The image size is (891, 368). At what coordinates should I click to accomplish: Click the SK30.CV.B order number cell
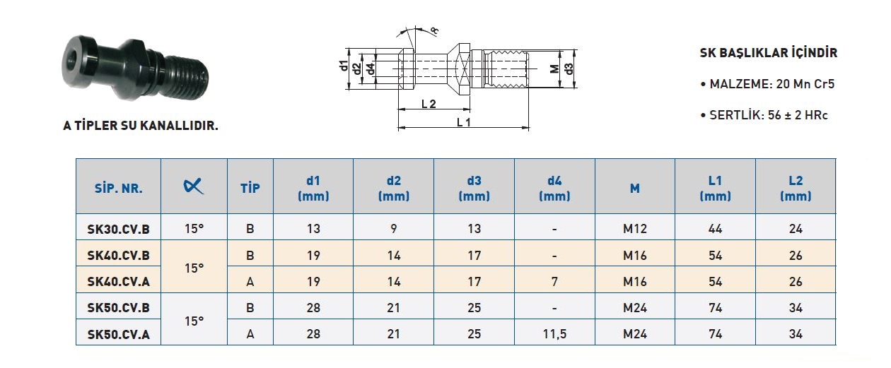click(x=118, y=229)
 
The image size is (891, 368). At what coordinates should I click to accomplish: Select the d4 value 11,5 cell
click(x=554, y=334)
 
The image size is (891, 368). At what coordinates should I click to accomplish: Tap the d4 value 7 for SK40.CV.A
click(x=554, y=281)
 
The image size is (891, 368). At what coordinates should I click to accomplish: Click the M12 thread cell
click(x=635, y=229)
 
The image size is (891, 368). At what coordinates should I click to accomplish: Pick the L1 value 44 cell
click(x=715, y=229)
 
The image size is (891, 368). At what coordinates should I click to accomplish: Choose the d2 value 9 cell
click(x=394, y=229)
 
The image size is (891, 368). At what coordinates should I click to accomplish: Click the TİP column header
click(x=250, y=188)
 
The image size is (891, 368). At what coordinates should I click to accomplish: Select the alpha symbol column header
click(x=193, y=186)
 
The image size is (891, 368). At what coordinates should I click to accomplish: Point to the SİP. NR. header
click(x=118, y=188)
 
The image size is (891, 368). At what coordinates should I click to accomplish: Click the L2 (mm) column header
click(x=796, y=188)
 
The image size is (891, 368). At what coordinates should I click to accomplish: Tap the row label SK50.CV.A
click(x=118, y=334)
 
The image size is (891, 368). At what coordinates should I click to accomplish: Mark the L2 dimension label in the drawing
click(x=429, y=104)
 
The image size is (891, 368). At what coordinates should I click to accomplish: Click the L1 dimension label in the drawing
click(x=464, y=122)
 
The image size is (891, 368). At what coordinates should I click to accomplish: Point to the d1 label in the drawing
click(x=343, y=66)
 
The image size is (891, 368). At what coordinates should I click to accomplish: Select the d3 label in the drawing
click(x=569, y=69)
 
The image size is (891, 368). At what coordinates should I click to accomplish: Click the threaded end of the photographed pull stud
click(x=188, y=76)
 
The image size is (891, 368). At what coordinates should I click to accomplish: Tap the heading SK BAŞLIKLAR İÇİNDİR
click(x=769, y=52)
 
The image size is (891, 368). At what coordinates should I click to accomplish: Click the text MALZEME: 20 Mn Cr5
click(x=768, y=84)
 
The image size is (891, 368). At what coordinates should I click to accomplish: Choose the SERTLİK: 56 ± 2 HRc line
click(x=764, y=115)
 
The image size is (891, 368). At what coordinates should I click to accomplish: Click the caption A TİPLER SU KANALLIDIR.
click(x=141, y=126)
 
